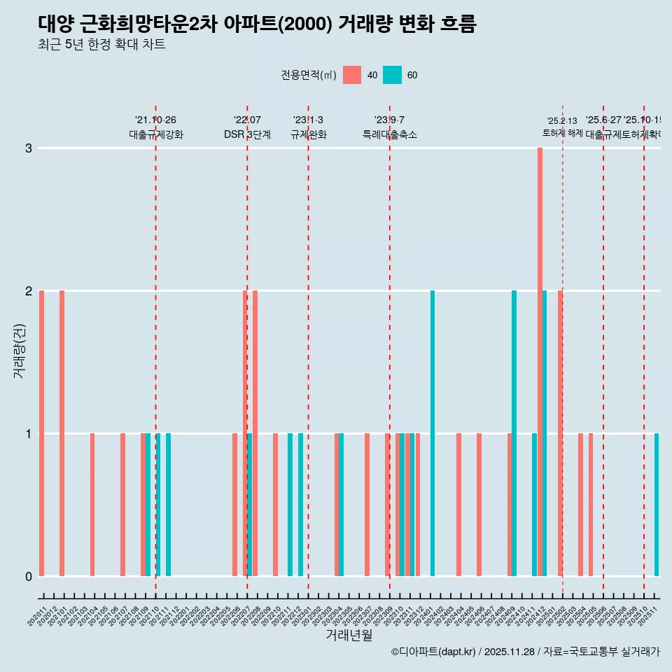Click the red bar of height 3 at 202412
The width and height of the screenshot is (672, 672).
(540, 362)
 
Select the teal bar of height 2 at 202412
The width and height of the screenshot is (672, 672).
(545, 433)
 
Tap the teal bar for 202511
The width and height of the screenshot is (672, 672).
(657, 505)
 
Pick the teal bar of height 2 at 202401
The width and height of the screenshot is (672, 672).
(433, 433)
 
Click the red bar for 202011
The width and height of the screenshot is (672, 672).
(42, 433)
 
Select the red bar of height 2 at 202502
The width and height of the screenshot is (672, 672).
(560, 433)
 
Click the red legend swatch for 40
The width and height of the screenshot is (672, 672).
(352, 75)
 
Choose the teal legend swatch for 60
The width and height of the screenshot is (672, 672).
(392, 75)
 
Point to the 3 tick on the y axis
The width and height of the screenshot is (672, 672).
(29, 148)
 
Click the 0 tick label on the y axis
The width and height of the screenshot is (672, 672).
(29, 576)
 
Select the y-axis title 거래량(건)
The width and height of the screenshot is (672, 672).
(19, 350)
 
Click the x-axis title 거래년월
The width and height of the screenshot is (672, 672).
(349, 635)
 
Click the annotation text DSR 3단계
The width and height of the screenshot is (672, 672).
(247, 134)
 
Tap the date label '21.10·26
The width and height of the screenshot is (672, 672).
(155, 120)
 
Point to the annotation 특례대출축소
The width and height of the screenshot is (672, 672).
(389, 134)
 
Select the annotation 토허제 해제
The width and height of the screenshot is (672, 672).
(563, 133)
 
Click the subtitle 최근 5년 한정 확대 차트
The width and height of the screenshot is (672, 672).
(101, 45)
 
